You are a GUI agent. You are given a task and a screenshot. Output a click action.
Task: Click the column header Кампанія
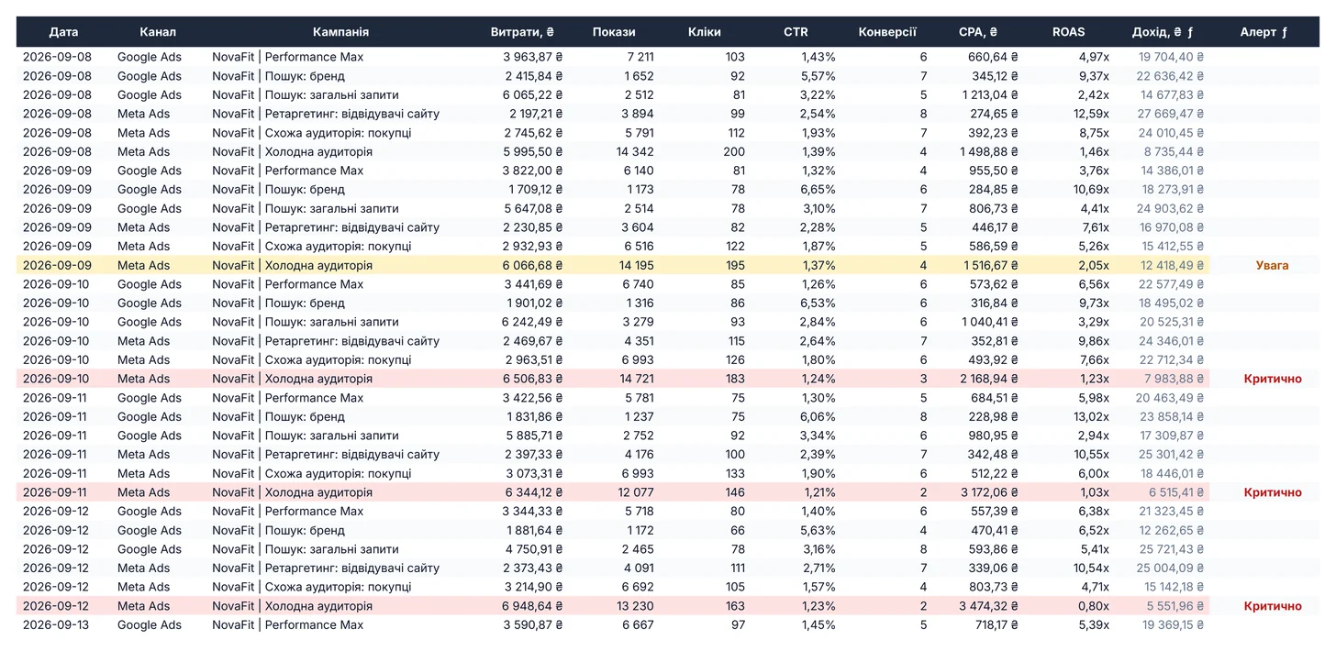click(340, 32)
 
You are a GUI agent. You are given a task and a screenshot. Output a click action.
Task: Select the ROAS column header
click(1068, 32)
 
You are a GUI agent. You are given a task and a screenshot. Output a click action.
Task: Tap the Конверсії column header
click(887, 32)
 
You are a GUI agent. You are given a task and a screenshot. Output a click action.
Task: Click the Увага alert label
click(1272, 265)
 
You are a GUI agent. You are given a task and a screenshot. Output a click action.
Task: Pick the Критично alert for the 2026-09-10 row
click(1272, 379)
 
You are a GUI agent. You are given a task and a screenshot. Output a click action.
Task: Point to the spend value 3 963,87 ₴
click(532, 57)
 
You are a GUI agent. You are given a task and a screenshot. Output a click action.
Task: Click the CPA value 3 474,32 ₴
click(988, 606)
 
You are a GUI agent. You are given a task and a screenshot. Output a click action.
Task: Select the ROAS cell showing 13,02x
click(1092, 416)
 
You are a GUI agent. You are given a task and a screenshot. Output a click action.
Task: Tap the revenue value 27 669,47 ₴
click(1170, 114)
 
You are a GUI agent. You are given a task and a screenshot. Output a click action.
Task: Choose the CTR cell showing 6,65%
click(818, 190)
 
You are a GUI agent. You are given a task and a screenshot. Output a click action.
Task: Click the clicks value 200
click(734, 152)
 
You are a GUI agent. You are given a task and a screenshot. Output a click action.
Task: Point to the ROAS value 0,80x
click(1093, 606)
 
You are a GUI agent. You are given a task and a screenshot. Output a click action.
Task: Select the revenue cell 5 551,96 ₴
click(1175, 606)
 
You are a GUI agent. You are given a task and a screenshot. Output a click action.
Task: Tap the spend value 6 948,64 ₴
click(532, 606)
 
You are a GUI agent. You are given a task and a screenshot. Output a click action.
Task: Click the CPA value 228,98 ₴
click(993, 416)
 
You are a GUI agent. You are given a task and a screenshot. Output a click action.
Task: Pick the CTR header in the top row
click(796, 32)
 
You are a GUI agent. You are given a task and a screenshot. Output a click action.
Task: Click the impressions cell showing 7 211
click(640, 57)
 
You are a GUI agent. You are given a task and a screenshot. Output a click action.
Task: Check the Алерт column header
click(1264, 32)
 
